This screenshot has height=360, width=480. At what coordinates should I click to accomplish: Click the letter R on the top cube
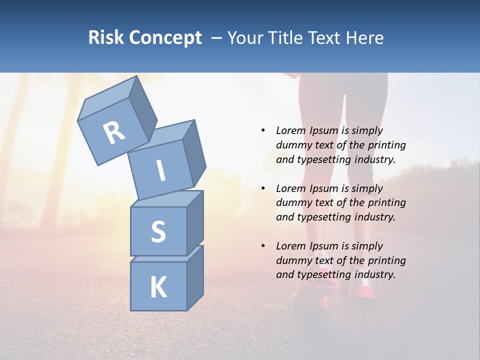(114, 132)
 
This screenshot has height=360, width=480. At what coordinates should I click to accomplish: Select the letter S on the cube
(158, 231)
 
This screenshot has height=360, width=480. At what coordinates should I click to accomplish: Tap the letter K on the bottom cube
(158, 287)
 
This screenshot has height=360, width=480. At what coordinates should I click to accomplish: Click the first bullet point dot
(263, 130)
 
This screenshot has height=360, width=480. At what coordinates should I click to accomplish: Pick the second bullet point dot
(263, 188)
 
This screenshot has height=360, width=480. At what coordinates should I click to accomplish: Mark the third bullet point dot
(263, 246)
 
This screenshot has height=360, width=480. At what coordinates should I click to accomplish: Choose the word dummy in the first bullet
(292, 145)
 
